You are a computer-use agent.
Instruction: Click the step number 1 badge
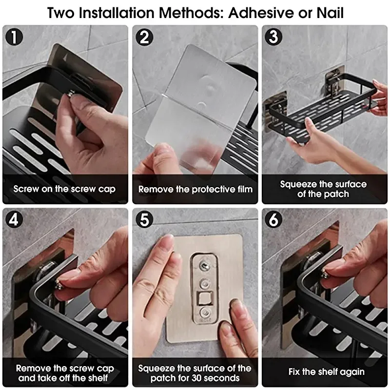click(14, 37)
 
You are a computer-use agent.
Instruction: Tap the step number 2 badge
click(144, 37)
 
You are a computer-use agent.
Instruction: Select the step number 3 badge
click(273, 37)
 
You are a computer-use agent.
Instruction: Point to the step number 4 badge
click(14, 220)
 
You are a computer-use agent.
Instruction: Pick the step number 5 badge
click(144, 220)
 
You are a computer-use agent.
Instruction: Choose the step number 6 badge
click(273, 220)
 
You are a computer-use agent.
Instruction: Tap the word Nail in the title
click(331, 13)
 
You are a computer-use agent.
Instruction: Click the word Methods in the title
click(191, 13)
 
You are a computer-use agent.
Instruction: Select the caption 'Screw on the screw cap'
click(64, 189)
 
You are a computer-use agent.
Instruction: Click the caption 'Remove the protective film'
click(195, 189)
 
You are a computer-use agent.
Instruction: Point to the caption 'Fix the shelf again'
click(326, 372)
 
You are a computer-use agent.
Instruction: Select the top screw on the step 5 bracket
click(204, 266)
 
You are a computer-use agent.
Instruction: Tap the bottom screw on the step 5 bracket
click(205, 312)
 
